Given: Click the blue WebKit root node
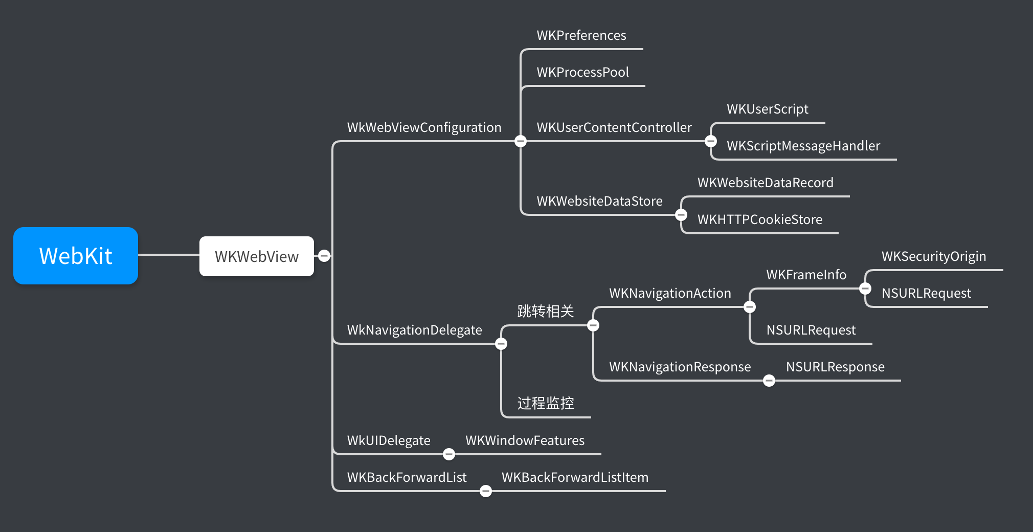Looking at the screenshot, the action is point(76,256).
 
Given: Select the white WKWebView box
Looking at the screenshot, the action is point(257,256).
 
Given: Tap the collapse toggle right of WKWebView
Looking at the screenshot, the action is point(324,256).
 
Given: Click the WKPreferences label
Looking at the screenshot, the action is point(581,35).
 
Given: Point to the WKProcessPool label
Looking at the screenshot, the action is point(583,72).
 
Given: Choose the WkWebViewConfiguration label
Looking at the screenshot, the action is point(424,128).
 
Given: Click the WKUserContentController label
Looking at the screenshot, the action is point(614,127).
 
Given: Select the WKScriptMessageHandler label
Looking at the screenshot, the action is point(803,146).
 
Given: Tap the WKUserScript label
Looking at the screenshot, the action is point(768,109).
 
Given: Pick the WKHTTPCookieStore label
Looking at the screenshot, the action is point(760,219).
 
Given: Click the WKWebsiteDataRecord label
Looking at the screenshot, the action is point(766,183).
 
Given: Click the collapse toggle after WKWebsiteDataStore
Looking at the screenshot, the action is point(681,215).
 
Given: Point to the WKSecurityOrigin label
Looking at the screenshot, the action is point(934,257).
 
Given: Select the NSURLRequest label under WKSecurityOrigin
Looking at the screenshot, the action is point(926,294).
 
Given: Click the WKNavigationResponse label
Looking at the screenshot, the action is point(680,367).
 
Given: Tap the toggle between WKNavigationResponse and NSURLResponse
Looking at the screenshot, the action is point(769,381).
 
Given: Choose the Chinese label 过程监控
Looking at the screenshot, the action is point(546,403).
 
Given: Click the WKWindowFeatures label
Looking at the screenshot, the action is point(525,440).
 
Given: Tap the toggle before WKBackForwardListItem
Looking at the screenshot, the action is point(486,491).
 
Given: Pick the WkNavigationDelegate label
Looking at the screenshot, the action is point(415,330).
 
